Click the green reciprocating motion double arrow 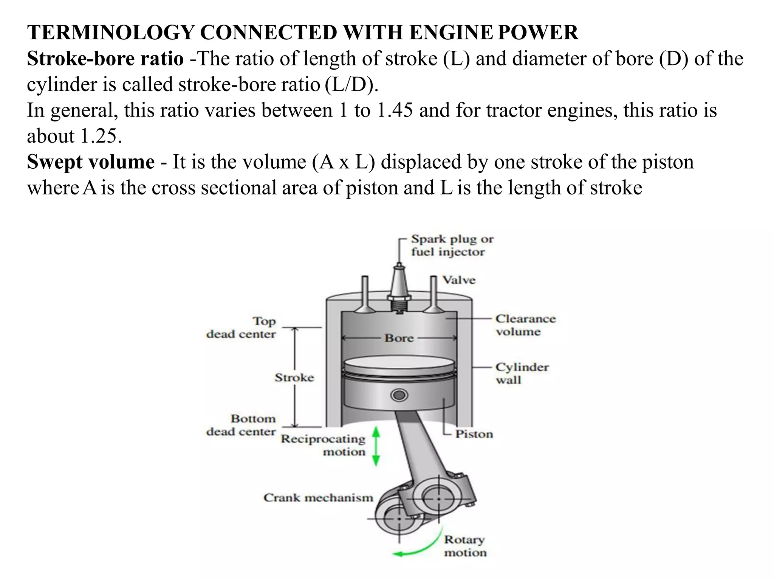pos(376,446)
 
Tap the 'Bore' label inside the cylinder pos(399,338)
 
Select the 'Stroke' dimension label pos(294,377)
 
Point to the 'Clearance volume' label pos(525,325)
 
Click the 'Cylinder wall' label pos(522,373)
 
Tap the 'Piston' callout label pos(474,434)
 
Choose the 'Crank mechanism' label pos(318,497)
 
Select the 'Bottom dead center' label pos(241,425)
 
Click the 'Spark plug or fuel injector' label pos(452,245)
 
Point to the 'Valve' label pos(459,280)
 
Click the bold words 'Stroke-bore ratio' pos(105,59)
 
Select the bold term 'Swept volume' pos(91,162)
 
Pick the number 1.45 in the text pos(395,110)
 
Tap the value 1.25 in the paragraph pos(101,136)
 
